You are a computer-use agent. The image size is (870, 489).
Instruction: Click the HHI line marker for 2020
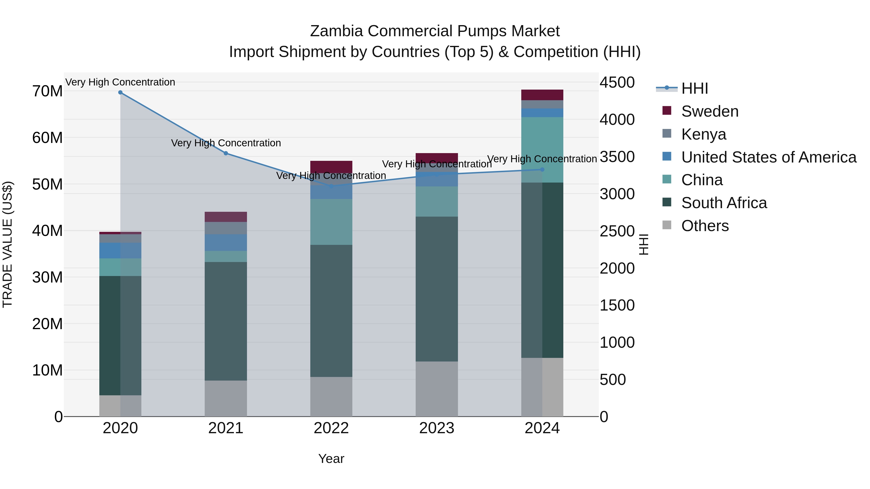pyautogui.click(x=120, y=92)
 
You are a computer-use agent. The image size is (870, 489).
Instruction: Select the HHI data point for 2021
pyautogui.click(x=226, y=153)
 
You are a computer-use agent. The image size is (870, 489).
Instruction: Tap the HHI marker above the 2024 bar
pyautogui.click(x=542, y=170)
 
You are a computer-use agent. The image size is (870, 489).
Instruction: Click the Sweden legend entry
pyautogui.click(x=710, y=111)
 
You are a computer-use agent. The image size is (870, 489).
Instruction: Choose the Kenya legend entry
pyautogui.click(x=703, y=134)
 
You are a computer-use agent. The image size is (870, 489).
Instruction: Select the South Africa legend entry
pyautogui.click(x=724, y=203)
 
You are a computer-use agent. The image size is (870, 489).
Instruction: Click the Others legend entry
pyautogui.click(x=705, y=226)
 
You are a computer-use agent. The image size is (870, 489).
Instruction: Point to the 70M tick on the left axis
pyautogui.click(x=47, y=91)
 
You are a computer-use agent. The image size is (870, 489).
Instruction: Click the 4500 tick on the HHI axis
pyautogui.click(x=617, y=83)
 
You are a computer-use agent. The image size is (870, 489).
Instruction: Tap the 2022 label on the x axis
pyautogui.click(x=331, y=428)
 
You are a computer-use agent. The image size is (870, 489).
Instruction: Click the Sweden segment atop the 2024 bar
pyautogui.click(x=542, y=95)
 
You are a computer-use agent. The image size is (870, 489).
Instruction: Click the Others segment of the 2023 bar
pyautogui.click(x=437, y=389)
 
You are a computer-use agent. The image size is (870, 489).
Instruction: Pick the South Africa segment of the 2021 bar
pyautogui.click(x=226, y=321)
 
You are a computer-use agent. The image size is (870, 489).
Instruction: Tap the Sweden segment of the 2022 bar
pyautogui.click(x=331, y=167)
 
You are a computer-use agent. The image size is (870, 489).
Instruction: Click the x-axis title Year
pyautogui.click(x=331, y=459)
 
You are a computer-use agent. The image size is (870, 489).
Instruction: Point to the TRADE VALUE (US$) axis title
pyautogui.click(x=7, y=244)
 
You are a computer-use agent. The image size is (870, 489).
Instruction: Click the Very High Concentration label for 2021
pyautogui.click(x=226, y=143)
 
